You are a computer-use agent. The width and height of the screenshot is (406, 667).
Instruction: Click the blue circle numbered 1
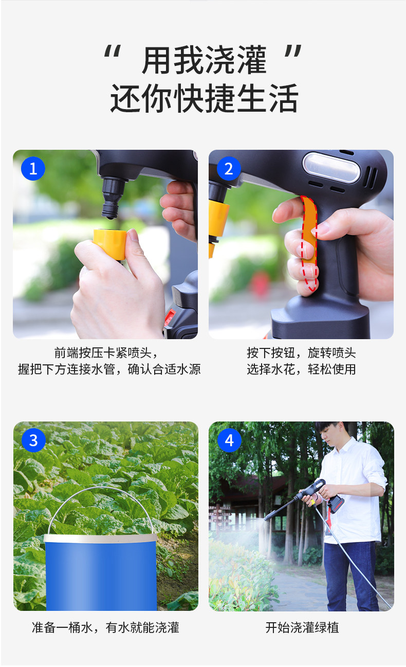pos(33,168)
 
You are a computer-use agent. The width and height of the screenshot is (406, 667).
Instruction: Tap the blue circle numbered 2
pos(229,168)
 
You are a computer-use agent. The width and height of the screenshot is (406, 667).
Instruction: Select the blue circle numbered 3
pos(33,440)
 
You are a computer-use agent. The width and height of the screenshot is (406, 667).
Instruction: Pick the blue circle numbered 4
pos(229,440)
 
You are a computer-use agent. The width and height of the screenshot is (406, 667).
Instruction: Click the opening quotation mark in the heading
pos(113,51)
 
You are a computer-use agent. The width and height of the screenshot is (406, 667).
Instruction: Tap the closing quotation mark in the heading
pos(293,51)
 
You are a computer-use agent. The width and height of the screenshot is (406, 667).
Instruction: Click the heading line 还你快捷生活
pos(205,98)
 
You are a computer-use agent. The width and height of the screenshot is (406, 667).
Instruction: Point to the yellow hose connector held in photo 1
pos(110,244)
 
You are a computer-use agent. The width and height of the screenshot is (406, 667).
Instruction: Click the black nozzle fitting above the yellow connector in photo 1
pos(113,197)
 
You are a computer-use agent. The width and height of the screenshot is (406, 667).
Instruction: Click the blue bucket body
pos(101,573)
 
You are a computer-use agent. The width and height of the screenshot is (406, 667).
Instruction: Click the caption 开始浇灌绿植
pos(302,628)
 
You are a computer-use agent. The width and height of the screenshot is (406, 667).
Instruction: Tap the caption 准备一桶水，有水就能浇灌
pos(105,628)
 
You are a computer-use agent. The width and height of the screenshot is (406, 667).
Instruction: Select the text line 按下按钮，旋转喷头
pos(301,353)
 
